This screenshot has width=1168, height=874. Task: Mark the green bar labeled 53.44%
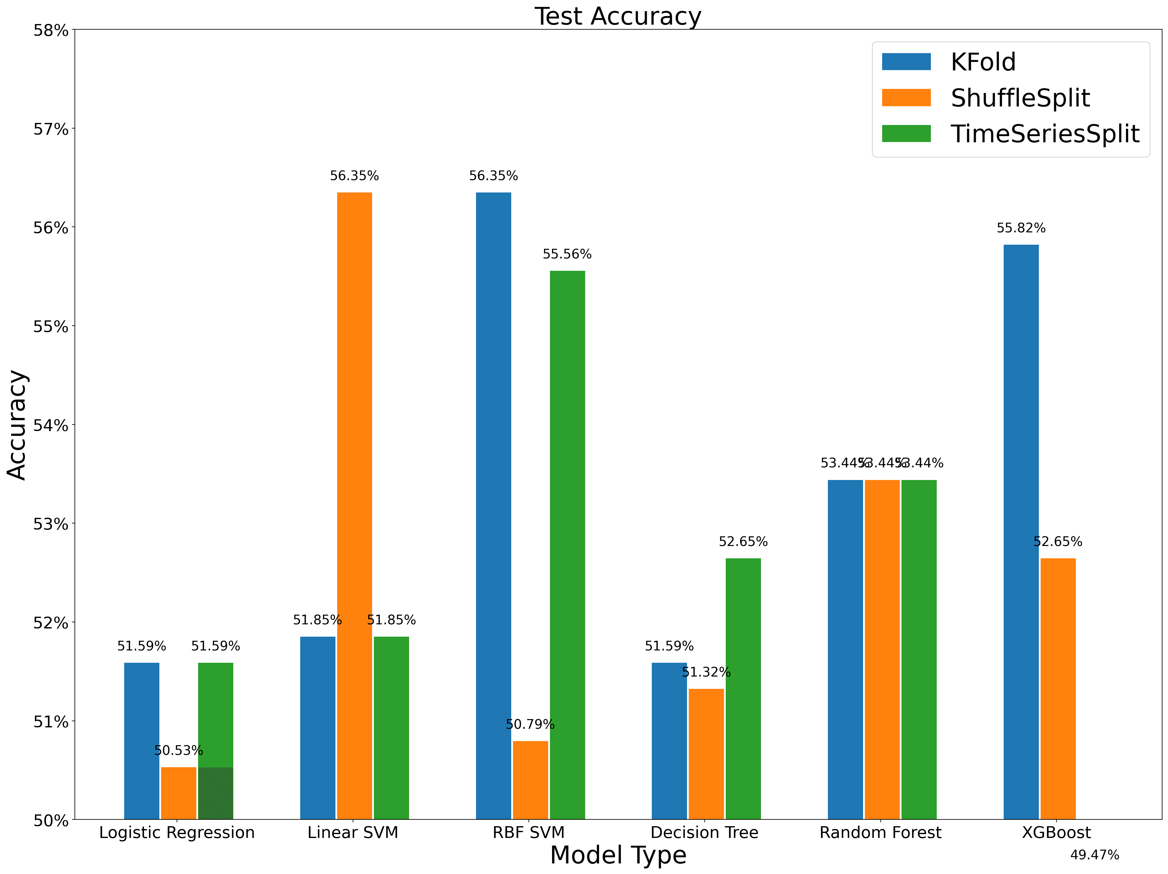pos(919,649)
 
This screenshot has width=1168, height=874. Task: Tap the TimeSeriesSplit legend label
pos(1045,134)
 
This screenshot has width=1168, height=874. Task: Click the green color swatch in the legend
pos(906,133)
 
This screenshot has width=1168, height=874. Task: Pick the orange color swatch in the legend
pos(906,98)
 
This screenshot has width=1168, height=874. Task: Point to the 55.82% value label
pos(1021,228)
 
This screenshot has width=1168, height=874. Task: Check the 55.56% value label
pos(567,254)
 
